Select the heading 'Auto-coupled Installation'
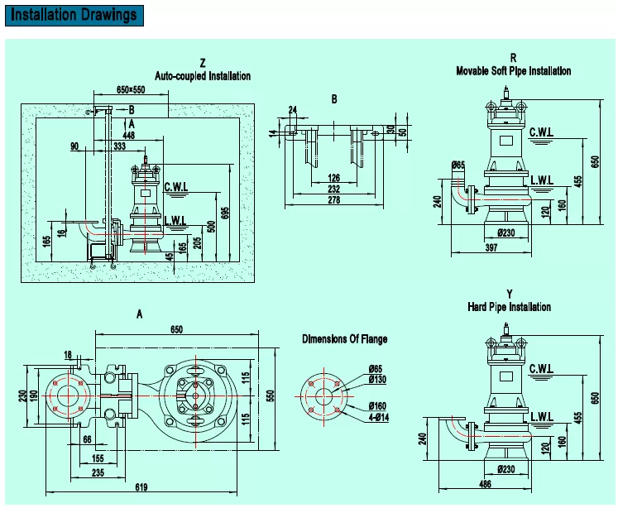tap(203, 75)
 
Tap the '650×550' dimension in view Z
tap(131, 89)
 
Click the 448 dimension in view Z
tap(128, 134)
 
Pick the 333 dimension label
tap(120, 146)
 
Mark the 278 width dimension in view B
tap(333, 199)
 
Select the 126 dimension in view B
tap(333, 176)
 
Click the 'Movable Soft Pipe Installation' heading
tap(513, 71)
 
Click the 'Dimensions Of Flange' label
tap(344, 339)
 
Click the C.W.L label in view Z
tap(176, 187)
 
